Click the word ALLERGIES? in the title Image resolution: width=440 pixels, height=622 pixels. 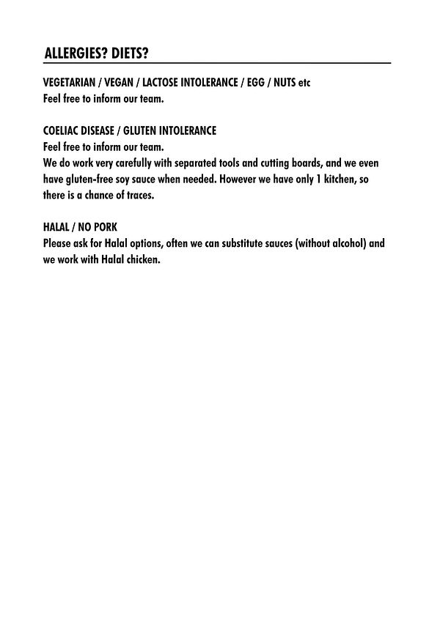[x=75, y=53]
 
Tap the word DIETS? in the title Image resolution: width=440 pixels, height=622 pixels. [x=129, y=53]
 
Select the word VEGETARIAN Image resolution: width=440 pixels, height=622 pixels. [x=70, y=82]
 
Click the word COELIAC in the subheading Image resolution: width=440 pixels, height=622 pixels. [x=62, y=130]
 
